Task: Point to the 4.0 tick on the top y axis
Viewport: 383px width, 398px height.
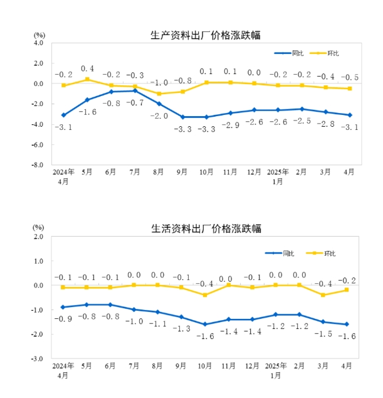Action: coord(37,43)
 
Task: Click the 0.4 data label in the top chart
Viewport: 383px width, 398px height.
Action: coord(87,68)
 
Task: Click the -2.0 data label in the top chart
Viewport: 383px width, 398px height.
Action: coord(159,116)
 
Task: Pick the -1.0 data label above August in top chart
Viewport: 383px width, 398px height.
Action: coord(159,82)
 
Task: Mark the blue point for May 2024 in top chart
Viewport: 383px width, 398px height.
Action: coord(87,100)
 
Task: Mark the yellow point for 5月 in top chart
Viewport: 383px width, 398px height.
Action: coord(87,79)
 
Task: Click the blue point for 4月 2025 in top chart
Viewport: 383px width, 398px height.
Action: coord(350,115)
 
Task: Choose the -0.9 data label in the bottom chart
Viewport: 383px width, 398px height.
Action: coord(63,319)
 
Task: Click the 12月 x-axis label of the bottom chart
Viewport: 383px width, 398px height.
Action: coord(254,365)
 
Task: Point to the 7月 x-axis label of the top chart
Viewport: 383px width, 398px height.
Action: coord(135,171)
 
